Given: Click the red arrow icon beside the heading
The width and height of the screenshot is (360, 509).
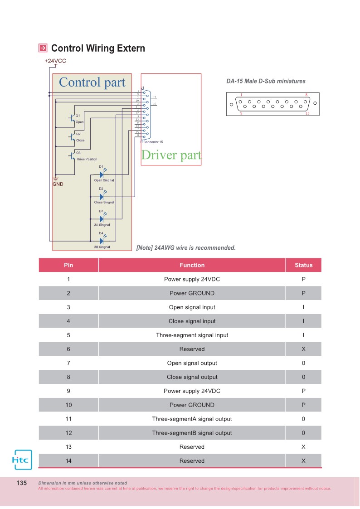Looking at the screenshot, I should pyautogui.click(x=43, y=48).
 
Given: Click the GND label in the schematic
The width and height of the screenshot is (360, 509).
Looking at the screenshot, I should pyautogui.click(x=58, y=184).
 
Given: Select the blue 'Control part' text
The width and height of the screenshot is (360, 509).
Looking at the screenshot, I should pyautogui.click(x=92, y=82).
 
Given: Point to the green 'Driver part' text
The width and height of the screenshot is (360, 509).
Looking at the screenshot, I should pyautogui.click(x=171, y=155).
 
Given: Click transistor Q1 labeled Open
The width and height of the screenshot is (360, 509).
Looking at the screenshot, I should pyautogui.click(x=72, y=118).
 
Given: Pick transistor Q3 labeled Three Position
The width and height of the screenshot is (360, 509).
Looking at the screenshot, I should pyautogui.click(x=72, y=155).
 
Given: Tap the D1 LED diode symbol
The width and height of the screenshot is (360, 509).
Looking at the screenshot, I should pyautogui.click(x=102, y=174).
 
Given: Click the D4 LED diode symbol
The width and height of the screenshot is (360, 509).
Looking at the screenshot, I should pyautogui.click(x=102, y=241).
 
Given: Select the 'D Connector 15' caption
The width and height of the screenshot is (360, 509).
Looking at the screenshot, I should pyautogui.click(x=152, y=142).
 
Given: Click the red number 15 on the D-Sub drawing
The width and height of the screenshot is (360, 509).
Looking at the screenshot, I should pyautogui.click(x=307, y=113).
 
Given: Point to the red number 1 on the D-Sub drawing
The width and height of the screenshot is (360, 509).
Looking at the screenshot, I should pyautogui.click(x=241, y=95).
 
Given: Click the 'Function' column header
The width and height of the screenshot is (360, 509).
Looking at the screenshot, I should pyautogui.click(x=192, y=265).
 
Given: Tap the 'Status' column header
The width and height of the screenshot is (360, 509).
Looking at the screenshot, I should pyautogui.click(x=303, y=265).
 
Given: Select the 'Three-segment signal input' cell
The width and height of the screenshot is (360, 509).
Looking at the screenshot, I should pyautogui.click(x=192, y=335).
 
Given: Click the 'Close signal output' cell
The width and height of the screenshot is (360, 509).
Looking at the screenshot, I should pyautogui.click(x=192, y=377).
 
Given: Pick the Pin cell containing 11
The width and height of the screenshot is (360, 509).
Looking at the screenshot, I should pyautogui.click(x=68, y=419).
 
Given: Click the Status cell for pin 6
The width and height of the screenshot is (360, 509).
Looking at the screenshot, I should pyautogui.click(x=303, y=349).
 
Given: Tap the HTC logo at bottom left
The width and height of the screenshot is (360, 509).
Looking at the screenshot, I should pyautogui.click(x=21, y=460).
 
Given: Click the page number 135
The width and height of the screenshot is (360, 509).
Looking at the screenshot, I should pyautogui.click(x=22, y=483).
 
